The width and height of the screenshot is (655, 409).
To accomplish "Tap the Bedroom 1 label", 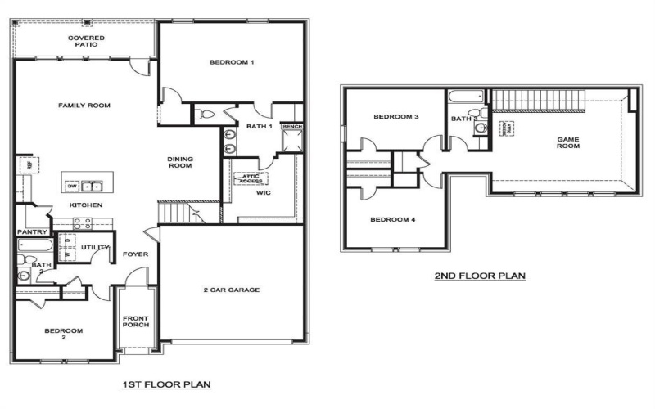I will pyautogui.click(x=233, y=62).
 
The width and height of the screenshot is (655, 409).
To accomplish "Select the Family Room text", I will pyautogui.click(x=84, y=105).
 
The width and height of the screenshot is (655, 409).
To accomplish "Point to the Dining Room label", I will pyautogui.click(x=179, y=162).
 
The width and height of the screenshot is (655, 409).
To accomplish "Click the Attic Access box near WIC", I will pyautogui.click(x=251, y=178).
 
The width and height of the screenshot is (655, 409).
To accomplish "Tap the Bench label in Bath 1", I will pyautogui.click(x=291, y=127).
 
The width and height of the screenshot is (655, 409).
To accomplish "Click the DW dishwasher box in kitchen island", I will pyautogui.click(x=73, y=184).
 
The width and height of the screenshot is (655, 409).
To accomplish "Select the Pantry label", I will pyautogui.click(x=30, y=231).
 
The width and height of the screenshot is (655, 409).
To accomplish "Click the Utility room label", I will pyautogui.click(x=94, y=247).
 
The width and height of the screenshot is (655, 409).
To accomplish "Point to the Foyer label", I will pyautogui.click(x=135, y=254).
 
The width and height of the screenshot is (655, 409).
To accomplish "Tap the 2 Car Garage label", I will pyautogui.click(x=232, y=290).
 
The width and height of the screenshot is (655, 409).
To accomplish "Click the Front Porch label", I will pyautogui.click(x=135, y=321).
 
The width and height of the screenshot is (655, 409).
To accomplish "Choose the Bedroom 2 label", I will pyautogui.click(x=62, y=334).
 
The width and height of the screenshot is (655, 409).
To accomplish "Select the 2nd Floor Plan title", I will pyautogui.click(x=480, y=276).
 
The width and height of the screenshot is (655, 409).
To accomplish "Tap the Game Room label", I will pyautogui.click(x=568, y=143).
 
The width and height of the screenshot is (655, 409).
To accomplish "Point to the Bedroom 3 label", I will pyautogui.click(x=396, y=117).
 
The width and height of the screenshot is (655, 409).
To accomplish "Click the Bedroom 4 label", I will pyautogui.click(x=393, y=219).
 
